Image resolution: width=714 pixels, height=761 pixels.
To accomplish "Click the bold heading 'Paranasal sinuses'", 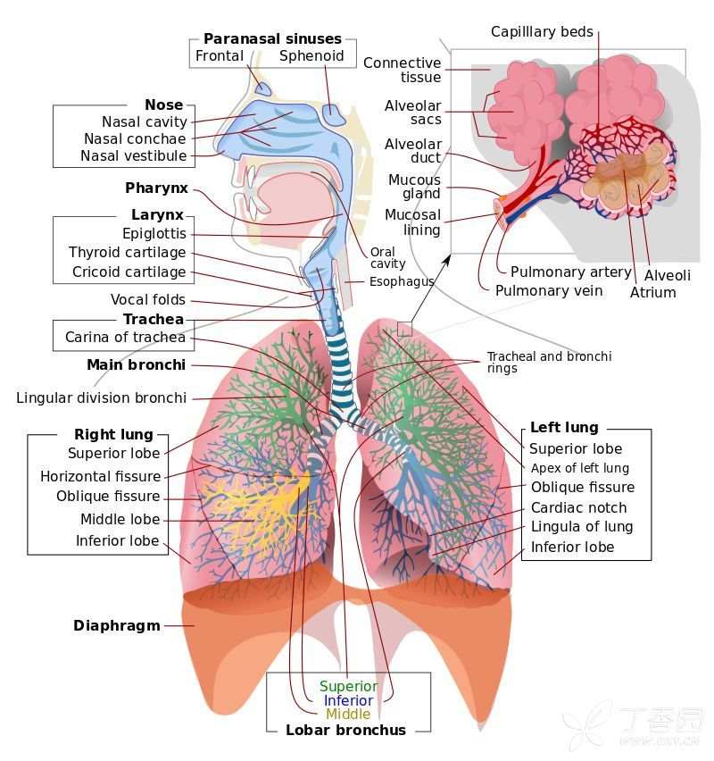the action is [x=272, y=38].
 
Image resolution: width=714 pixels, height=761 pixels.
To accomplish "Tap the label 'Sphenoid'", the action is [x=311, y=56].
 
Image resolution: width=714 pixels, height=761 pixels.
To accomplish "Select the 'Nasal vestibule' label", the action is [x=133, y=155].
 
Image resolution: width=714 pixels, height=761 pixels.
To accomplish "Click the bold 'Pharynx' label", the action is [x=156, y=188].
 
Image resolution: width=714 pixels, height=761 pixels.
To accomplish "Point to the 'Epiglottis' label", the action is [x=154, y=234].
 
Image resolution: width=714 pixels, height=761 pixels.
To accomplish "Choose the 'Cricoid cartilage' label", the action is [x=129, y=272].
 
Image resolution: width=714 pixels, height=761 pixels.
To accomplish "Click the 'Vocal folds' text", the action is [x=148, y=300].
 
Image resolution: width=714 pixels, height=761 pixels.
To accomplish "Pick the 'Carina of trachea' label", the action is [x=125, y=338].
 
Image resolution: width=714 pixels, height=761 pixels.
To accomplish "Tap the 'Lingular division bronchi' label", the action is [x=102, y=398].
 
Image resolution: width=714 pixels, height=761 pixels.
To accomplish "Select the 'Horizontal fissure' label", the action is [x=100, y=477].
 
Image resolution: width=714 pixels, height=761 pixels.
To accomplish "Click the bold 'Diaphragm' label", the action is [x=116, y=625].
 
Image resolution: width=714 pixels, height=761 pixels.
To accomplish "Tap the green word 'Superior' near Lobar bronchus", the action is [x=348, y=686].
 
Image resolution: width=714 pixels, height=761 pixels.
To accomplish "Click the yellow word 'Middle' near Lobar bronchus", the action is [x=348, y=714].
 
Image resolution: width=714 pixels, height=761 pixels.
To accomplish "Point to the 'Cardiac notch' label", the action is [x=578, y=507].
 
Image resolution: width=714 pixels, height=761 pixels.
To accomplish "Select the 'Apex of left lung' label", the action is [x=579, y=468].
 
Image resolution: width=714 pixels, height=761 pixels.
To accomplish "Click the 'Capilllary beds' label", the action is [x=542, y=32].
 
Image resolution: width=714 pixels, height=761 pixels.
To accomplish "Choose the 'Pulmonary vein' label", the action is [x=549, y=291].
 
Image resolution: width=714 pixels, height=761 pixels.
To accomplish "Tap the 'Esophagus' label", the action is [x=402, y=282].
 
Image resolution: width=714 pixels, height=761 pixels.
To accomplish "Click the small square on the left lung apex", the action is [x=404, y=329].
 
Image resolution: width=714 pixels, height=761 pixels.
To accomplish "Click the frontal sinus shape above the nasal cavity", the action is [x=263, y=88].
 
